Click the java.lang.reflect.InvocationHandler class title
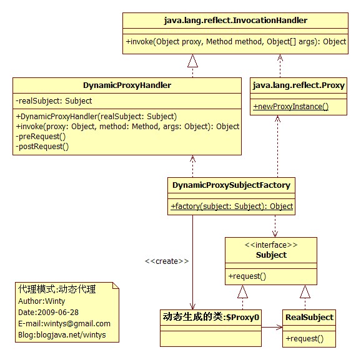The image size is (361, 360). (x=235, y=21)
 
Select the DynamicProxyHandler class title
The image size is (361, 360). (x=127, y=85)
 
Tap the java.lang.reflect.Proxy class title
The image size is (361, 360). (x=299, y=85)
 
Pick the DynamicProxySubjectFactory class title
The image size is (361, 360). (x=231, y=185)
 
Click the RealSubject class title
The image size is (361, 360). (x=309, y=318)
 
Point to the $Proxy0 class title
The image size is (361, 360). (x=211, y=317)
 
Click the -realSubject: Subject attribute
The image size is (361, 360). (x=54, y=101)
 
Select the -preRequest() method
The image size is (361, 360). (x=41, y=137)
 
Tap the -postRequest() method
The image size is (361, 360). (x=42, y=147)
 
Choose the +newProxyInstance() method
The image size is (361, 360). (x=291, y=107)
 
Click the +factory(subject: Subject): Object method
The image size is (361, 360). (x=232, y=207)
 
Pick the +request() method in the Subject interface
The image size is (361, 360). (x=247, y=276)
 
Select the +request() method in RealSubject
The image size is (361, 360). (x=305, y=339)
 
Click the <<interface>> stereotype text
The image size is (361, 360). (x=271, y=245)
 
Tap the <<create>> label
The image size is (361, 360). (x=167, y=261)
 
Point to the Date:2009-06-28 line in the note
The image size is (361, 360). (x=48, y=313)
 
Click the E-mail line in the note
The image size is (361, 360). (x=64, y=324)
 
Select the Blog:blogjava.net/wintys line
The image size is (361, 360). (x=62, y=335)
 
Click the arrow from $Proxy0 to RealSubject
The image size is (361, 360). (x=272, y=327)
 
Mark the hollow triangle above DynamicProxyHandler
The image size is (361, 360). (x=192, y=61)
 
